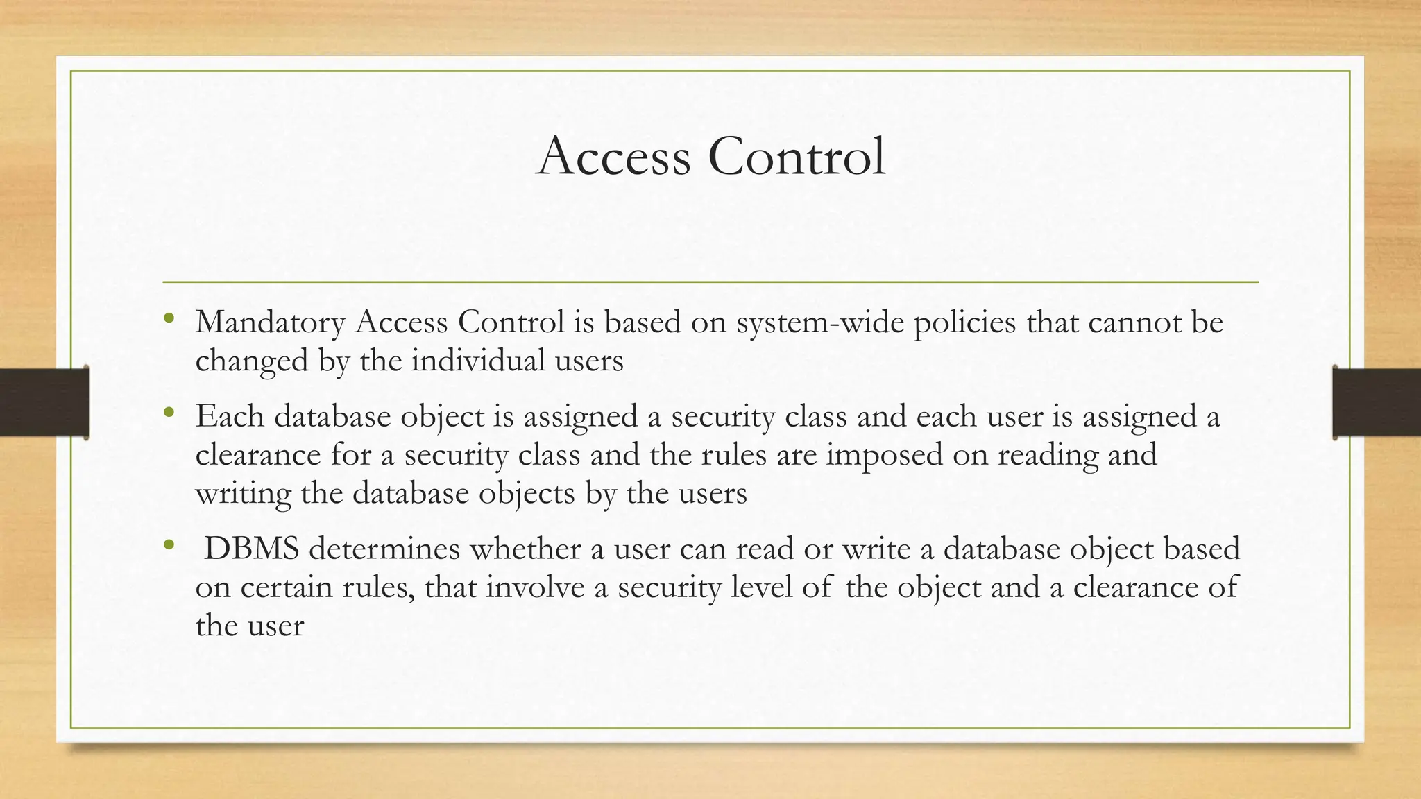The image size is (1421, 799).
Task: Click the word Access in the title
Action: coord(613,156)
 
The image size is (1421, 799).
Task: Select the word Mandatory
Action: coord(270,323)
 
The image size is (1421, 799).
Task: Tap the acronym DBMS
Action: coord(251,549)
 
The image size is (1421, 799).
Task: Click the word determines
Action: coord(384,549)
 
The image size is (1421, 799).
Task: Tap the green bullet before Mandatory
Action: coord(168,319)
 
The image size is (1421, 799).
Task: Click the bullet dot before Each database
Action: coord(168,413)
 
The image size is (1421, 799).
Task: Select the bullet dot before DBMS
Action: coord(168,546)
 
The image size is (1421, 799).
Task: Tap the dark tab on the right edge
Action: coord(1377,402)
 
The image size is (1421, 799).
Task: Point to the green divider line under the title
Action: coord(710,282)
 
